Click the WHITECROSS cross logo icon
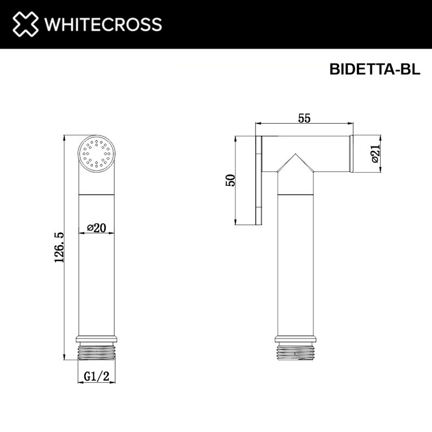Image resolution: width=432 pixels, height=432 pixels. [x=26, y=24]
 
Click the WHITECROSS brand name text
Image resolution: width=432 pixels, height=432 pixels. [x=103, y=24]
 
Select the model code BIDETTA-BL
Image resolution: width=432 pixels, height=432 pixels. [x=374, y=71]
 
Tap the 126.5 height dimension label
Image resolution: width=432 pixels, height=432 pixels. [x=59, y=247]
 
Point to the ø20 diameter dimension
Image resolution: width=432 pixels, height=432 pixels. [x=97, y=228]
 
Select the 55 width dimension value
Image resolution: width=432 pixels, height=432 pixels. [x=304, y=119]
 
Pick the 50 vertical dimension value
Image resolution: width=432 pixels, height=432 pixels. [x=230, y=180]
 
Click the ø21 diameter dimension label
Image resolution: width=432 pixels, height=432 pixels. [x=375, y=154]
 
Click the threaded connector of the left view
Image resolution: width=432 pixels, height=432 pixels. [x=97, y=352]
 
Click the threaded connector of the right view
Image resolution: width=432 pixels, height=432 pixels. [x=295, y=352]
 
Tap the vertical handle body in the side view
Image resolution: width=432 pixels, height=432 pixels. [x=295, y=259]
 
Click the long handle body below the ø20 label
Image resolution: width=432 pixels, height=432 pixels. [x=97, y=281]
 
